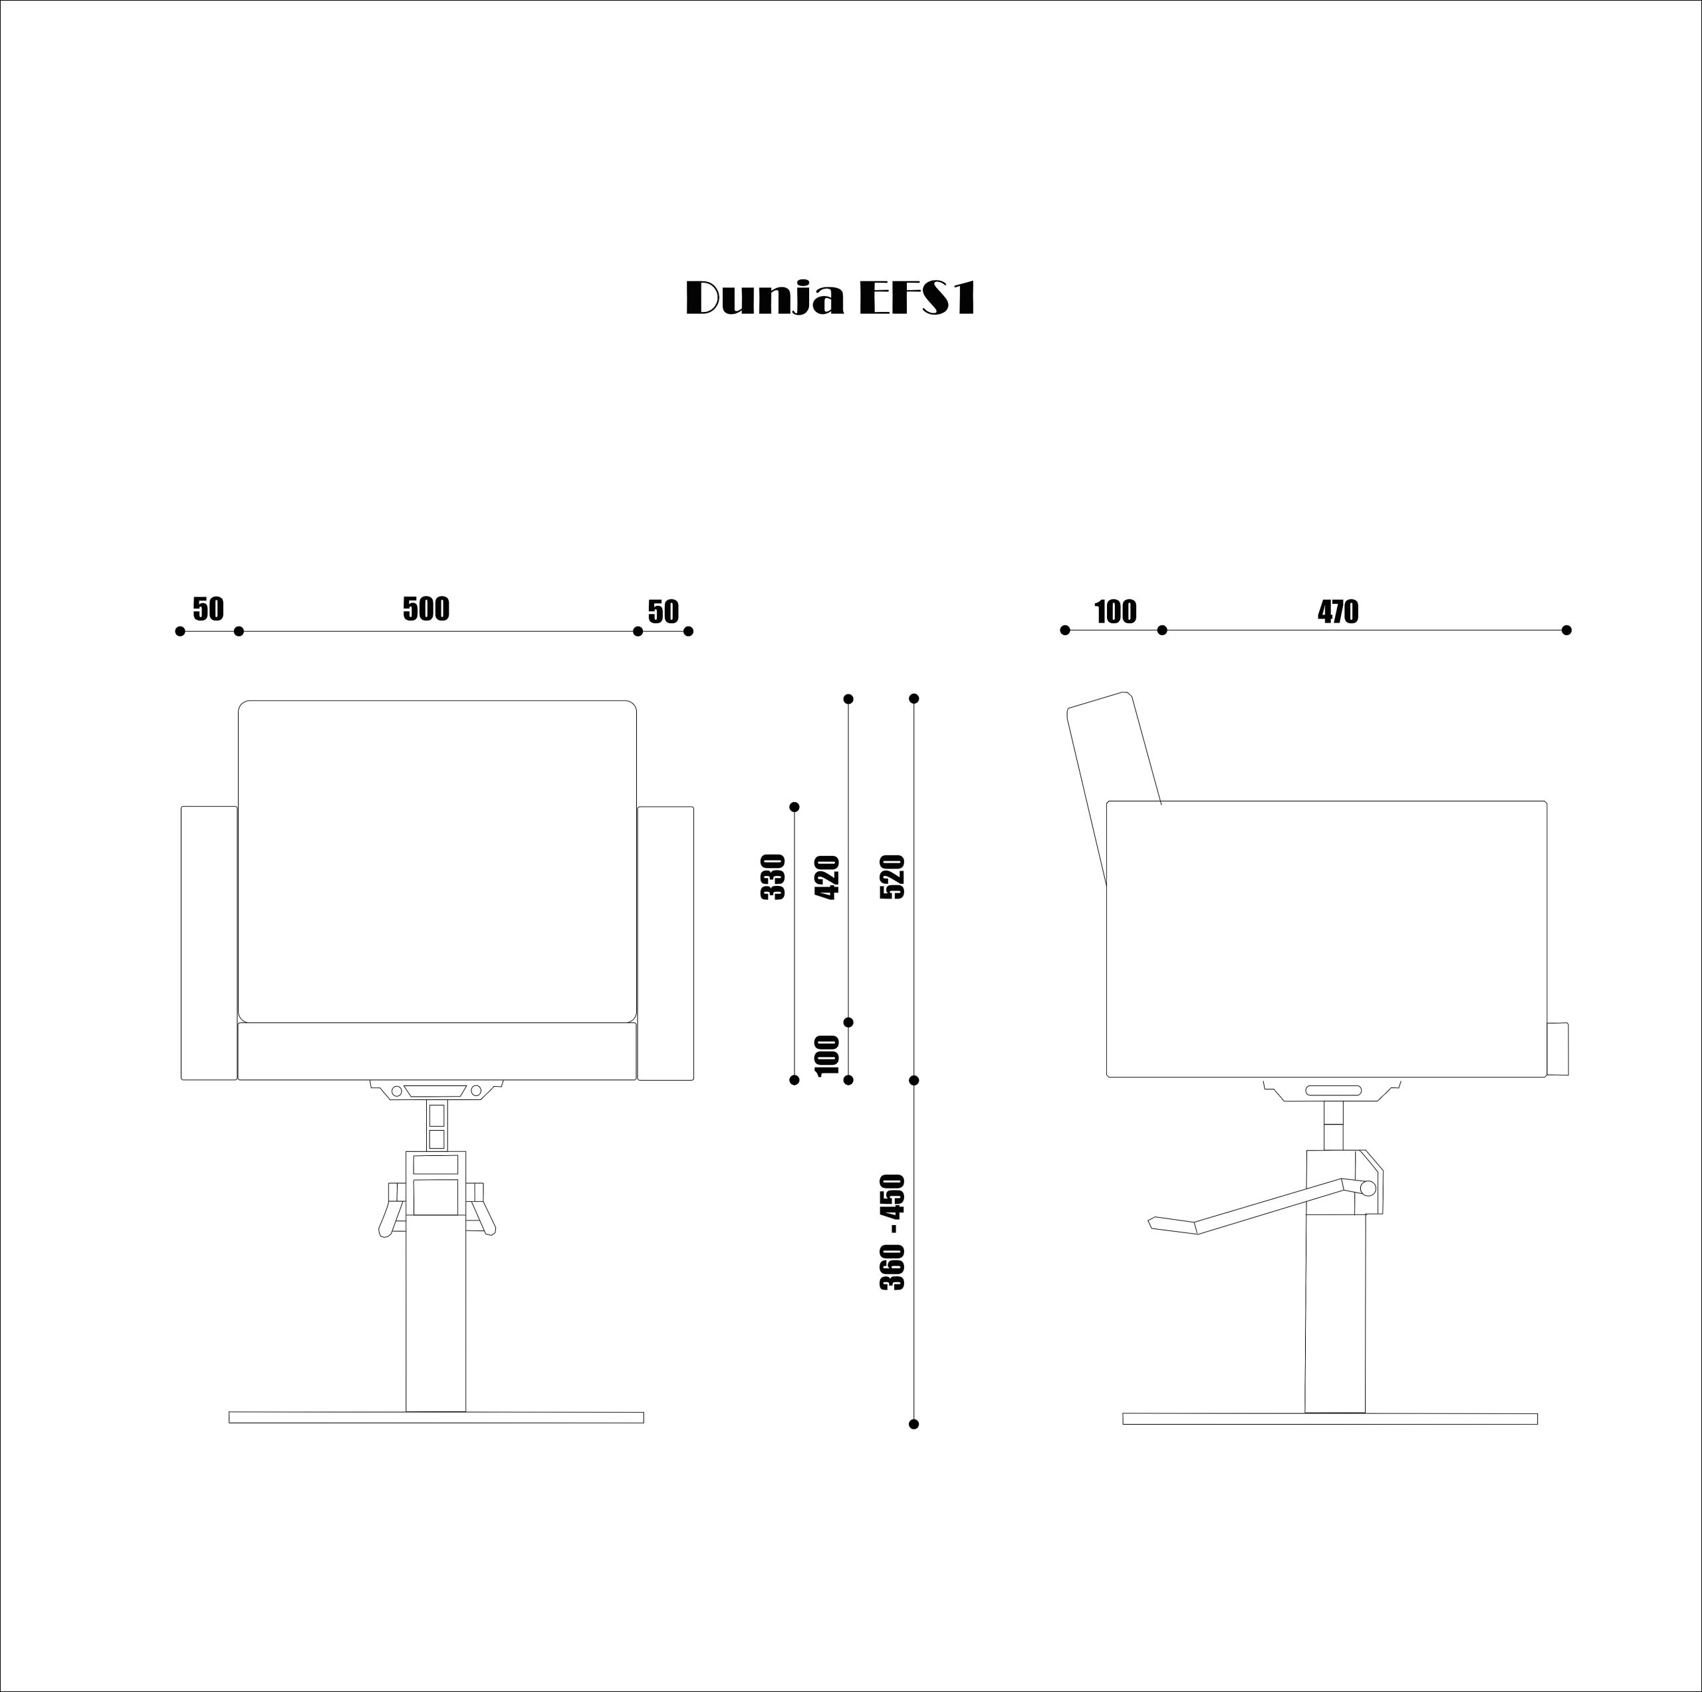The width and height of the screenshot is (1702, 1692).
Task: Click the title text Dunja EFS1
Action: (x=831, y=299)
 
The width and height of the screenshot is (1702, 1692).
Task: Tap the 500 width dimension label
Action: (x=426, y=609)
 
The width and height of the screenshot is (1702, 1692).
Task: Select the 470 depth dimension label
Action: (x=1338, y=612)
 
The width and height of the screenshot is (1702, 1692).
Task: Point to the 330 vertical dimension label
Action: (x=773, y=877)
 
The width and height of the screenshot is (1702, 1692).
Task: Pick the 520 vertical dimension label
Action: (x=892, y=877)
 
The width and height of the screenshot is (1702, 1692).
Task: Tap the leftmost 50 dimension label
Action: (x=209, y=609)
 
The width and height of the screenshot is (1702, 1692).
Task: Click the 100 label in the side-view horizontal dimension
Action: (x=1116, y=612)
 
